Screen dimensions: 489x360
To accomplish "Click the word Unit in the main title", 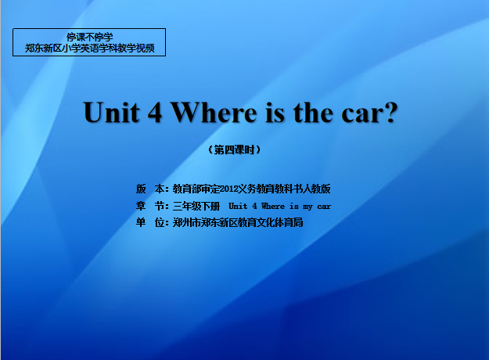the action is pyautogui.click(x=112, y=113).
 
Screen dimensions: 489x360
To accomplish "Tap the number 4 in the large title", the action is pyautogui.click(x=155, y=113).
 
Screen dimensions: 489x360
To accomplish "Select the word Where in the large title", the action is pyautogui.click(x=214, y=113).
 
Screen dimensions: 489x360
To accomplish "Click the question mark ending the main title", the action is pyautogui.click(x=390, y=112).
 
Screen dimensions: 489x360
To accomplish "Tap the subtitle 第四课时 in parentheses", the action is pyautogui.click(x=234, y=150).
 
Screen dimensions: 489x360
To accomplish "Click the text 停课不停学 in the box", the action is pyautogui.click(x=89, y=37).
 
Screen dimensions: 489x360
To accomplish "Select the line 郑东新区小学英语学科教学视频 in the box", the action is pyautogui.click(x=89, y=48).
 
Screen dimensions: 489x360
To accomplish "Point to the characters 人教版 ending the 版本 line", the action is pyautogui.click(x=317, y=189).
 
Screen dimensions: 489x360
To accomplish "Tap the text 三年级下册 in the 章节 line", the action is pyautogui.click(x=196, y=206).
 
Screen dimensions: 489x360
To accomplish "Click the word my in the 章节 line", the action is pyautogui.click(x=307, y=207).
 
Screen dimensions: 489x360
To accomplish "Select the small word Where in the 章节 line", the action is pyautogui.click(x=273, y=206).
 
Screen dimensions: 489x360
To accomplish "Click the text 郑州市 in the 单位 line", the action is pyautogui.click(x=187, y=222).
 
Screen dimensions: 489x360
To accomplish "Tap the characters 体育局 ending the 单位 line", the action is pyautogui.click(x=289, y=222).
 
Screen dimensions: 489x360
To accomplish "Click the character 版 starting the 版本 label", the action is pyautogui.click(x=141, y=189).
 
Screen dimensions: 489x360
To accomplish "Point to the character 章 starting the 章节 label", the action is pyautogui.click(x=141, y=206).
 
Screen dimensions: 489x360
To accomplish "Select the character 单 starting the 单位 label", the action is pyautogui.click(x=141, y=222).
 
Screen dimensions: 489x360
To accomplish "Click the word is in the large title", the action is pyautogui.click(x=275, y=113).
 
